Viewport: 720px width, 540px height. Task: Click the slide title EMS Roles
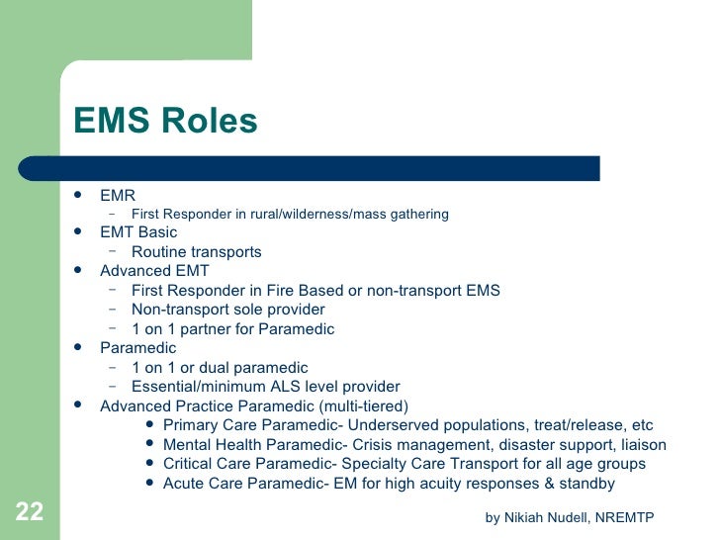[x=165, y=121]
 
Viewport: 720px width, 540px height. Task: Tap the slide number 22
[x=29, y=511]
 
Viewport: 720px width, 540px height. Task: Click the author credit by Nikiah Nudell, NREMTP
[x=570, y=517]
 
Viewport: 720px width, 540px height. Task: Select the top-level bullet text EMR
[x=118, y=195]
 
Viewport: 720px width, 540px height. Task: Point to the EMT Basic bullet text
[x=138, y=232]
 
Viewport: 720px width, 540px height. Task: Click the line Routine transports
[x=196, y=252]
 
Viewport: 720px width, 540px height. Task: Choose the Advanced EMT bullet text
[x=154, y=271]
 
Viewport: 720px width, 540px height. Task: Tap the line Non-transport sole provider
[x=227, y=310]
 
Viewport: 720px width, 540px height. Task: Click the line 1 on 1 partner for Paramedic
[x=232, y=329]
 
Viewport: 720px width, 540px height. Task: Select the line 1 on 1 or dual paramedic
[x=220, y=368]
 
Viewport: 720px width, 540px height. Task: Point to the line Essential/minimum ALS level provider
[x=265, y=387]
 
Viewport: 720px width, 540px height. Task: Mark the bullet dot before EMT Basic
[x=78, y=232]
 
